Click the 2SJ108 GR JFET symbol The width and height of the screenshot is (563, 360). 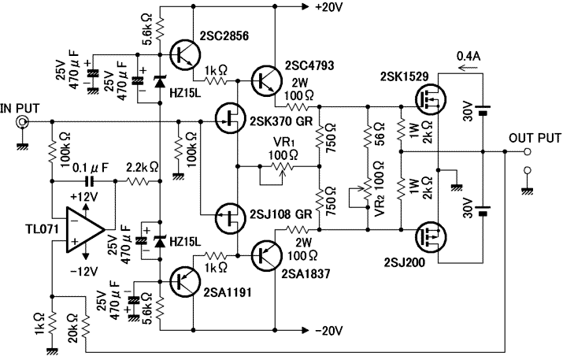(231, 214)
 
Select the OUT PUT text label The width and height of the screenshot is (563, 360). (535, 136)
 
